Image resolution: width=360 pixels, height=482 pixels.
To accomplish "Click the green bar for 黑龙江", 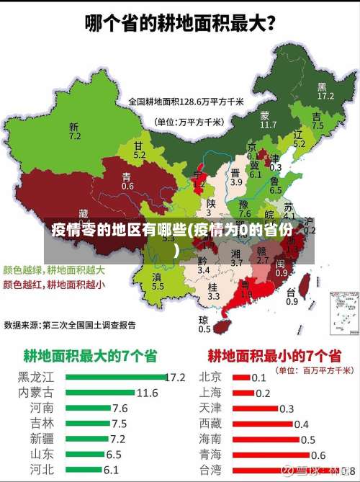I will click(114, 376).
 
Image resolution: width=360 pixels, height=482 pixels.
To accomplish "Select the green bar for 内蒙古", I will click(100, 393).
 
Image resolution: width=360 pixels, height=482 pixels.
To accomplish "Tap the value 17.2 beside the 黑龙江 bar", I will click(176, 376).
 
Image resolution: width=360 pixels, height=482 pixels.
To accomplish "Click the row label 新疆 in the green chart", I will click(41, 438).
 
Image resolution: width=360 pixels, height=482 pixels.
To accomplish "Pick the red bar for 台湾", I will click(277, 469).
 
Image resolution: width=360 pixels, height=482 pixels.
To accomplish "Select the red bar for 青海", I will click(270, 454).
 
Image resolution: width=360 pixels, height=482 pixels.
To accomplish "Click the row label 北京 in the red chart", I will click(210, 376).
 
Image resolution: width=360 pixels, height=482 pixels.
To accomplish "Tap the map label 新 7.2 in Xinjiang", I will click(75, 130).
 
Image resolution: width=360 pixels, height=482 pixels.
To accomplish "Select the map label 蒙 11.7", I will click(268, 120).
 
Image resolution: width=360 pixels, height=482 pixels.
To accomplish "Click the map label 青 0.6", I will click(127, 181).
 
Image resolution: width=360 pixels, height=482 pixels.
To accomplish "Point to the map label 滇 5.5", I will click(158, 281).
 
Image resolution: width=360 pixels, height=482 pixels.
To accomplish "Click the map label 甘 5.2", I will click(139, 150).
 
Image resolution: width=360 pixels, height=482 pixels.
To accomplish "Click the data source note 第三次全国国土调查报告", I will click(89, 325).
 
